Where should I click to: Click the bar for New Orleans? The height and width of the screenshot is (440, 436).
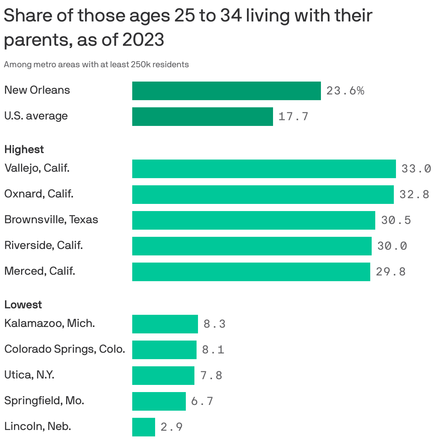(226, 91)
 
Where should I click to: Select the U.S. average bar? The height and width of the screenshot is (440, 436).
(202, 117)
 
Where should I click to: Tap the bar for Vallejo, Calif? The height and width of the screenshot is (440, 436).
(264, 169)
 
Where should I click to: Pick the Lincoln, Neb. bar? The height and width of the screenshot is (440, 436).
(143, 427)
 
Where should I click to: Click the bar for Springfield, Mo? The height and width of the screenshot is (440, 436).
(159, 401)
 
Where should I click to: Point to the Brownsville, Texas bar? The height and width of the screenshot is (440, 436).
(253, 220)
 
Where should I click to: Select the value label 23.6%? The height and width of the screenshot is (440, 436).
(345, 91)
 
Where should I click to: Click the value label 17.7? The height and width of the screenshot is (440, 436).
(293, 117)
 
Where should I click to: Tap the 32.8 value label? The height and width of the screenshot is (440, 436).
(414, 195)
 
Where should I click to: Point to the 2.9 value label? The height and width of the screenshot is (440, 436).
(172, 427)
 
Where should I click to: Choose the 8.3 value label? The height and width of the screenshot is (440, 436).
(214, 324)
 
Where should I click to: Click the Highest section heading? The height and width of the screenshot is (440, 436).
(24, 150)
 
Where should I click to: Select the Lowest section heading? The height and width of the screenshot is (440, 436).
(23, 305)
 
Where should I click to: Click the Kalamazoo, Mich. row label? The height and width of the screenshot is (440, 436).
(49, 323)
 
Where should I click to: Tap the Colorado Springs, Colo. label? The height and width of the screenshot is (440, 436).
(65, 349)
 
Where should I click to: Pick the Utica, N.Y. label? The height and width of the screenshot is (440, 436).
(29, 375)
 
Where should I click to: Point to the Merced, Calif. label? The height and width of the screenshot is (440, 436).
(40, 271)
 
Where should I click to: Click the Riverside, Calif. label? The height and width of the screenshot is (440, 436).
(44, 245)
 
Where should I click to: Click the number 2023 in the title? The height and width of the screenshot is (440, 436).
(143, 40)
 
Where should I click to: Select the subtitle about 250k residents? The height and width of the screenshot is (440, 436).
(96, 65)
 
